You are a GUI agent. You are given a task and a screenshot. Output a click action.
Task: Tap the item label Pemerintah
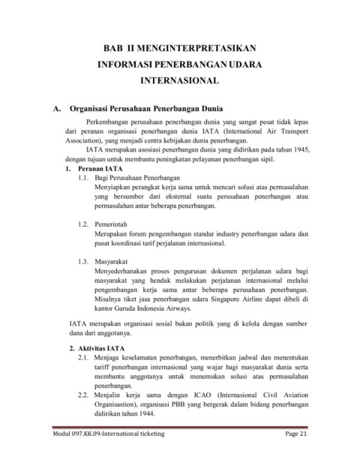coord(115,224)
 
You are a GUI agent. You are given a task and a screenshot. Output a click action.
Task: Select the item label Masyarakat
coord(115,261)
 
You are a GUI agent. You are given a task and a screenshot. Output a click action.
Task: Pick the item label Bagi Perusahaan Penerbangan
coord(144,179)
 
